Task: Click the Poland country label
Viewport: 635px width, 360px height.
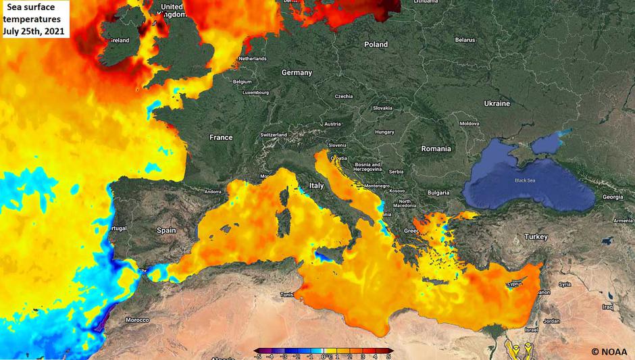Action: pyautogui.click(x=376, y=45)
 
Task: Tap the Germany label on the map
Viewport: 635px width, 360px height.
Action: pyautogui.click(x=297, y=72)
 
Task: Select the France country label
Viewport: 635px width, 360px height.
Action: pyautogui.click(x=221, y=137)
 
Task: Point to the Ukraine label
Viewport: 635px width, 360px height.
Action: pyautogui.click(x=497, y=103)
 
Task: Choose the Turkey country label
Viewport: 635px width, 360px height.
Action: pyautogui.click(x=536, y=236)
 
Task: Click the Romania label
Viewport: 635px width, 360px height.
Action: pyautogui.click(x=436, y=148)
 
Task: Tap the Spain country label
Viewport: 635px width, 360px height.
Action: pyautogui.click(x=166, y=230)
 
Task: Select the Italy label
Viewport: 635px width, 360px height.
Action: pyautogui.click(x=316, y=185)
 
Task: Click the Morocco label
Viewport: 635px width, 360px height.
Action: pyautogui.click(x=137, y=319)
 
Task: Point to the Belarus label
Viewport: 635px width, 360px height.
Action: pyautogui.click(x=465, y=40)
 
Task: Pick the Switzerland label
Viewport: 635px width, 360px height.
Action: pyautogui.click(x=274, y=135)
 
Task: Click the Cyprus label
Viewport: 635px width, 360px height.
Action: pyautogui.click(x=516, y=284)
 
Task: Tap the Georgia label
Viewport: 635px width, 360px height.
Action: pyautogui.click(x=613, y=197)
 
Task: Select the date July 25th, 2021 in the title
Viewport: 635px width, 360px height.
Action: pyautogui.click(x=34, y=30)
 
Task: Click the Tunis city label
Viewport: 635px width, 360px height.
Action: pyautogui.click(x=287, y=294)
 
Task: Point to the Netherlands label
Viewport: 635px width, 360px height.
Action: pyautogui.click(x=253, y=59)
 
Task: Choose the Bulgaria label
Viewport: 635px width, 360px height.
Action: pyautogui.click(x=438, y=192)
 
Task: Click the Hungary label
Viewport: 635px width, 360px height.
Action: pyautogui.click(x=385, y=132)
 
